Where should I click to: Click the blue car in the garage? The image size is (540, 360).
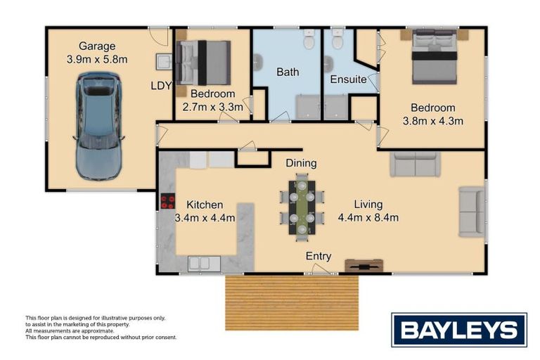(x=98, y=126)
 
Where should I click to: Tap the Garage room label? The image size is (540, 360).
(x=97, y=46)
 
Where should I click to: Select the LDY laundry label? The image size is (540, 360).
(x=161, y=86)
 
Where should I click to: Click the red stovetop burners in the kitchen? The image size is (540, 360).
(x=168, y=201)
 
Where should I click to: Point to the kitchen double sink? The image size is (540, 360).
(x=204, y=264)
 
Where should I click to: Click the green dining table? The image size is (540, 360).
(x=302, y=207)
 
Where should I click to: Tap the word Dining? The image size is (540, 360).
(x=301, y=163)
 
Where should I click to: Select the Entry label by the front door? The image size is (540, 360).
(x=319, y=256)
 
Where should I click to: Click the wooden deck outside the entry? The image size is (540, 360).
(x=292, y=302)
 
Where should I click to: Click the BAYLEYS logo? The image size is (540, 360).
(x=459, y=330)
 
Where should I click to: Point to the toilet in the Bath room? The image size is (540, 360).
(x=309, y=39)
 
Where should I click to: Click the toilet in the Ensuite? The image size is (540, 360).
(x=337, y=39)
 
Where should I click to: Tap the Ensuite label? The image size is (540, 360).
(x=348, y=79)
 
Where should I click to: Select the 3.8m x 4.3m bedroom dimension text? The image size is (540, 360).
(x=433, y=121)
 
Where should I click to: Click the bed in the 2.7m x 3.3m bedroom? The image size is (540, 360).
(x=203, y=63)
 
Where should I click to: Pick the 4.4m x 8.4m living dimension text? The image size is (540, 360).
(x=368, y=217)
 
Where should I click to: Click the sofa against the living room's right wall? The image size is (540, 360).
(x=472, y=212)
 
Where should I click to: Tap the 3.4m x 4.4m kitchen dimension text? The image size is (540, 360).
(x=205, y=218)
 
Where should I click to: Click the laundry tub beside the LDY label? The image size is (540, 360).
(x=164, y=61)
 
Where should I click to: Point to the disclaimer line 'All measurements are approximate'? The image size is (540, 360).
(x=70, y=330)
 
